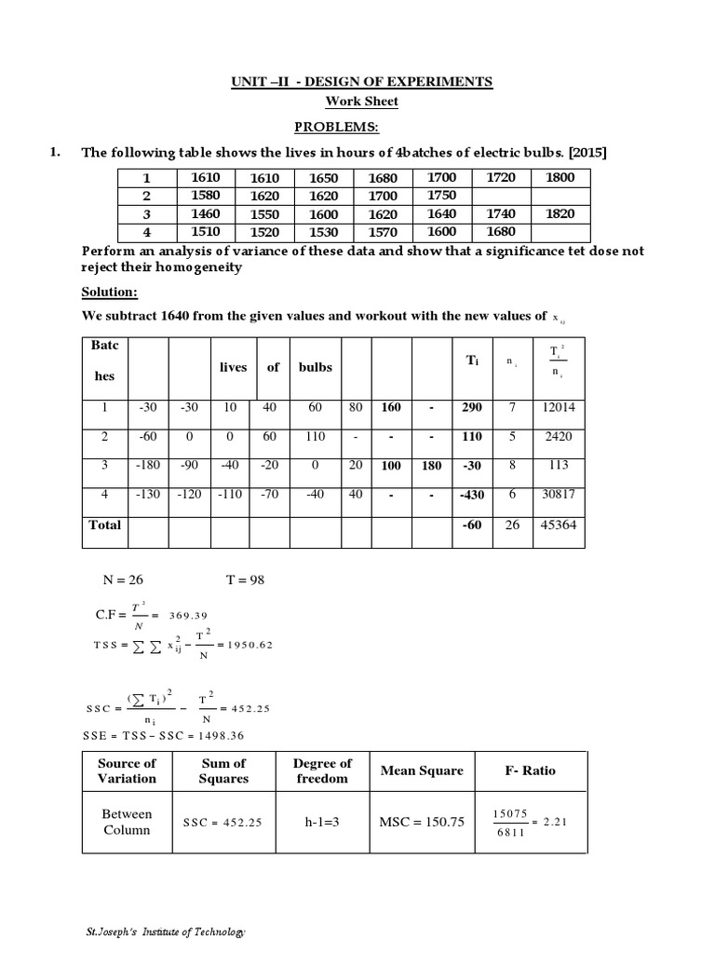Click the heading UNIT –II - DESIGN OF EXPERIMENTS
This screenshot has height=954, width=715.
pyautogui.click(x=362, y=82)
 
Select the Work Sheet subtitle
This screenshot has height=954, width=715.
pyautogui.click(x=361, y=102)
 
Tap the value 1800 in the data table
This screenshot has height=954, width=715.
pyautogui.click(x=560, y=177)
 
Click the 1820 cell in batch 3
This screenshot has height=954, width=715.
pyautogui.click(x=560, y=213)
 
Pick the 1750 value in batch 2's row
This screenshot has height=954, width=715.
pyautogui.click(x=441, y=195)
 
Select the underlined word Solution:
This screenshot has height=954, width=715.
pyautogui.click(x=108, y=292)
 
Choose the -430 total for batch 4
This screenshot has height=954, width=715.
pyautogui.click(x=473, y=495)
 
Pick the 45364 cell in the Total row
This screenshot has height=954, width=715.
pyautogui.click(x=557, y=525)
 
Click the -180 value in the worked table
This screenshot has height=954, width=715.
pyautogui.click(x=146, y=465)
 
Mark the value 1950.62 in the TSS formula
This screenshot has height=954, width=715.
pyautogui.click(x=244, y=645)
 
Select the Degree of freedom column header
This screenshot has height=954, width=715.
pyautogui.click(x=322, y=770)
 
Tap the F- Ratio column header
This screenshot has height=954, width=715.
pyautogui.click(x=531, y=770)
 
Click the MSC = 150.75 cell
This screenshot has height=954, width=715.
pyautogui.click(x=421, y=822)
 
